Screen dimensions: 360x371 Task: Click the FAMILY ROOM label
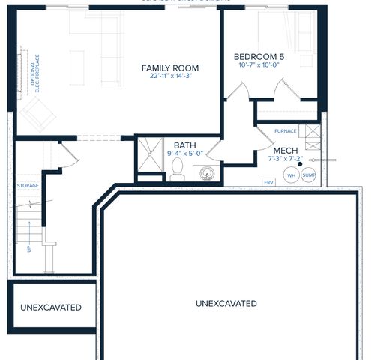(x=172, y=68)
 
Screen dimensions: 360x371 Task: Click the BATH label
(x=185, y=145)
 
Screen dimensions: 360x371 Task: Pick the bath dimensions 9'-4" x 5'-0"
(x=185, y=154)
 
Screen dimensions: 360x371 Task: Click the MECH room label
(x=286, y=151)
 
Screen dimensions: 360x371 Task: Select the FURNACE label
(x=286, y=131)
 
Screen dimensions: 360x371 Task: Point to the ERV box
(x=268, y=182)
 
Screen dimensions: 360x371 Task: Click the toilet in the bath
(x=177, y=169)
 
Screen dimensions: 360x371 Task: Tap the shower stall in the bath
(x=150, y=155)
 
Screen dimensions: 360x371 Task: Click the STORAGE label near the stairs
(x=28, y=185)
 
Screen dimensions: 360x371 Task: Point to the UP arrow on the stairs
(x=29, y=244)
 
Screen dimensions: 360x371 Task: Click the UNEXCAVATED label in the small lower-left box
(x=51, y=307)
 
